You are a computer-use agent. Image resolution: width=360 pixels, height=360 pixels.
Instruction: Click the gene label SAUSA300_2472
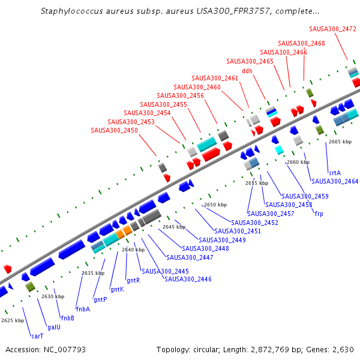(x=333, y=28)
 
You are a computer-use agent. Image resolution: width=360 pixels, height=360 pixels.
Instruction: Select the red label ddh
(x=247, y=70)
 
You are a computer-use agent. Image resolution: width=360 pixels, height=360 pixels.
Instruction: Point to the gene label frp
(x=319, y=214)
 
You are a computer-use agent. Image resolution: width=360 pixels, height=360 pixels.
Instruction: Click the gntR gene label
(x=133, y=280)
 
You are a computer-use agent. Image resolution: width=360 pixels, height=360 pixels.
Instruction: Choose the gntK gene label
(x=117, y=289)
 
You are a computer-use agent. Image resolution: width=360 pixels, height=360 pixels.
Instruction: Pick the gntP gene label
(x=100, y=299)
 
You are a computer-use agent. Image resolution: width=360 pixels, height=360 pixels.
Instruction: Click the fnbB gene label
(x=67, y=318)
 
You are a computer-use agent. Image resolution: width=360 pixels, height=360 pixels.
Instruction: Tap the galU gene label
(x=53, y=327)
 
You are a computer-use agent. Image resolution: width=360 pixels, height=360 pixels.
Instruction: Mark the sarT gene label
(x=37, y=336)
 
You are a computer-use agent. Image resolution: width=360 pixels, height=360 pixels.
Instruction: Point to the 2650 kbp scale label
(x=215, y=205)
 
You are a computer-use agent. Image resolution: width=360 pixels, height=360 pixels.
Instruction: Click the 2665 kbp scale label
(x=340, y=142)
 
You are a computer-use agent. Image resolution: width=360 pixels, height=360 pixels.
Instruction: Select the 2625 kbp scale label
(x=13, y=320)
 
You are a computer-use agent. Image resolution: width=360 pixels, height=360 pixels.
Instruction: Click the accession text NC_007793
(x=64, y=349)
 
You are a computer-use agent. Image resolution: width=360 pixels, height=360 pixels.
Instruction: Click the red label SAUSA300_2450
(x=114, y=130)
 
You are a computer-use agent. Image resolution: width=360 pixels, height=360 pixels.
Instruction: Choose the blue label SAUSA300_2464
(x=335, y=181)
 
